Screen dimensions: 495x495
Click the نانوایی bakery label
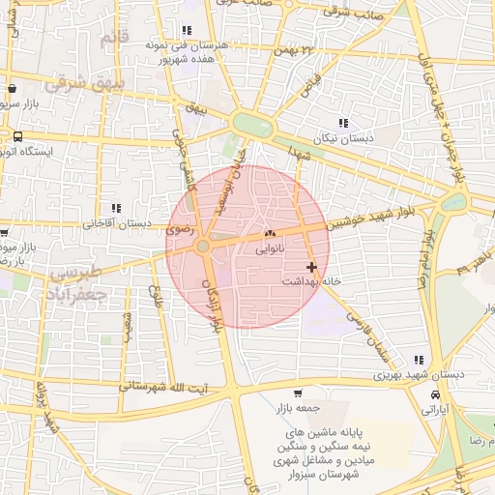(270, 248)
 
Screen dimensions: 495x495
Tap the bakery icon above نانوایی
(270, 234)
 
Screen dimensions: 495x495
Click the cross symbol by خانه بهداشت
(311, 266)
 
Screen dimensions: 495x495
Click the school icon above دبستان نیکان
(343, 123)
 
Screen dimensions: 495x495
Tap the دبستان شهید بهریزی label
(420, 374)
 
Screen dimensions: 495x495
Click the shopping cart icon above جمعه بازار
(298, 393)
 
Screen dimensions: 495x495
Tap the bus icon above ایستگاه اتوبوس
(18, 135)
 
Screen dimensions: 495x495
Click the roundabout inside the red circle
(203, 247)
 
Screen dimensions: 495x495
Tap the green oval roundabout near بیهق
(250, 125)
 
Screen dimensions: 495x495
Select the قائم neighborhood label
(112, 39)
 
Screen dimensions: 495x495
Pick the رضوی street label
(182, 232)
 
